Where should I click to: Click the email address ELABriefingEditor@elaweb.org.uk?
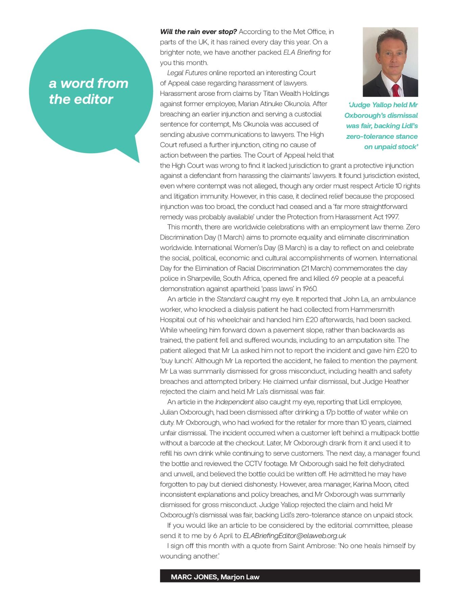pyautogui.click(x=294, y=535)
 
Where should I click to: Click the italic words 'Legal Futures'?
pyautogui.click(x=187, y=73)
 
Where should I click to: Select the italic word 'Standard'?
pyautogui.click(x=231, y=299)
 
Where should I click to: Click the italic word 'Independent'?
pyautogui.click(x=234, y=402)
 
